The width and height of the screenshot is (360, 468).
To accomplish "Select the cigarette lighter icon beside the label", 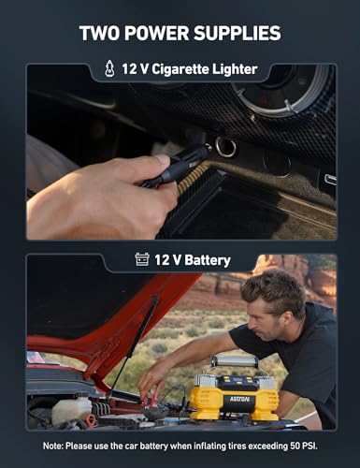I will point(110,69).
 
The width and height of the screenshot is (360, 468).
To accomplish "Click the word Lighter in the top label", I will point(230,69).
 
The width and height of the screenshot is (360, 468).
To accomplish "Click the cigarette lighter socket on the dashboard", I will point(223,148).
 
